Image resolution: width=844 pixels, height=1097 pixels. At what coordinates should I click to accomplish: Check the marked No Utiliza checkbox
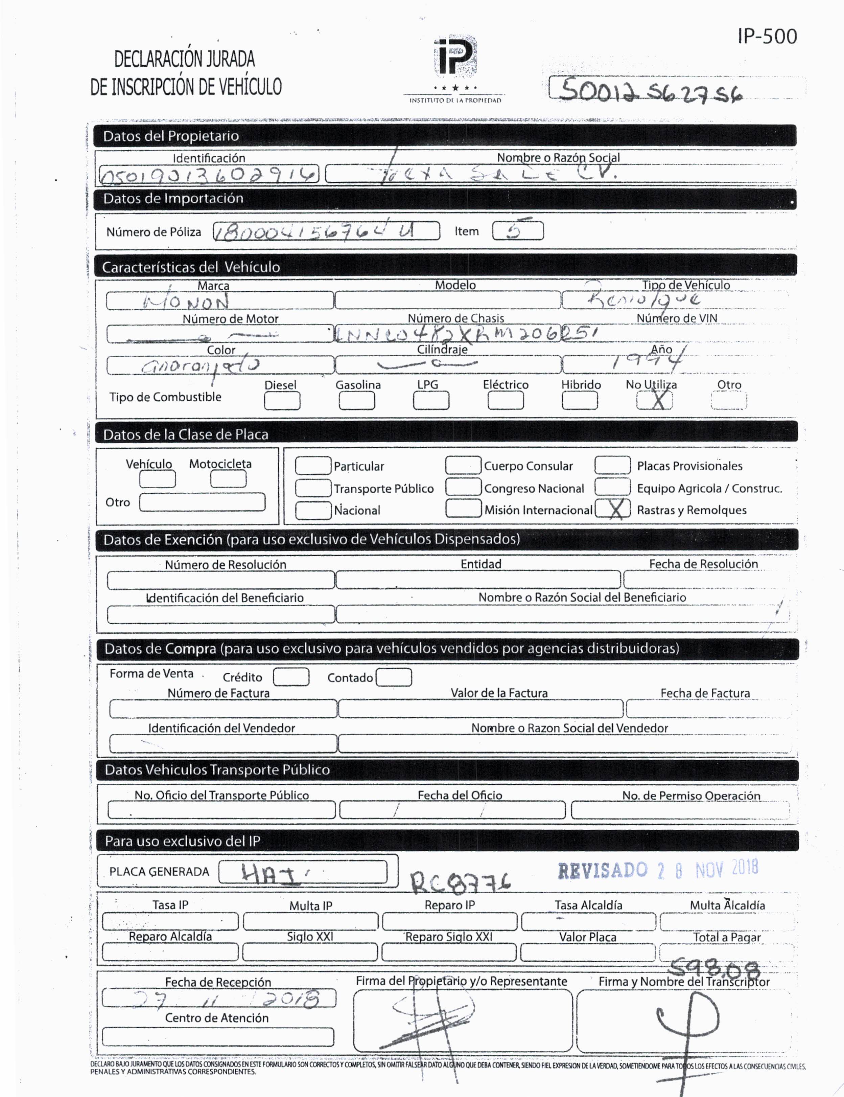pyautogui.click(x=654, y=400)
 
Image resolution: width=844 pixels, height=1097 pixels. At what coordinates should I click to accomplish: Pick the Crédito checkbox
pyautogui.click(x=291, y=677)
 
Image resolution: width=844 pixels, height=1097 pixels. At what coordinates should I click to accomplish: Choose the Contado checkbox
pyautogui.click(x=394, y=677)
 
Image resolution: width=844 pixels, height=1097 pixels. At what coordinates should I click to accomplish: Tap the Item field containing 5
pyautogui.click(x=518, y=231)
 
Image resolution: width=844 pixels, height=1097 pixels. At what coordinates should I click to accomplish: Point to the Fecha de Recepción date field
pyautogui.click(x=219, y=999)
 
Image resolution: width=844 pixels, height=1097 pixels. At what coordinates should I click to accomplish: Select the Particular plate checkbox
pyautogui.click(x=313, y=466)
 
